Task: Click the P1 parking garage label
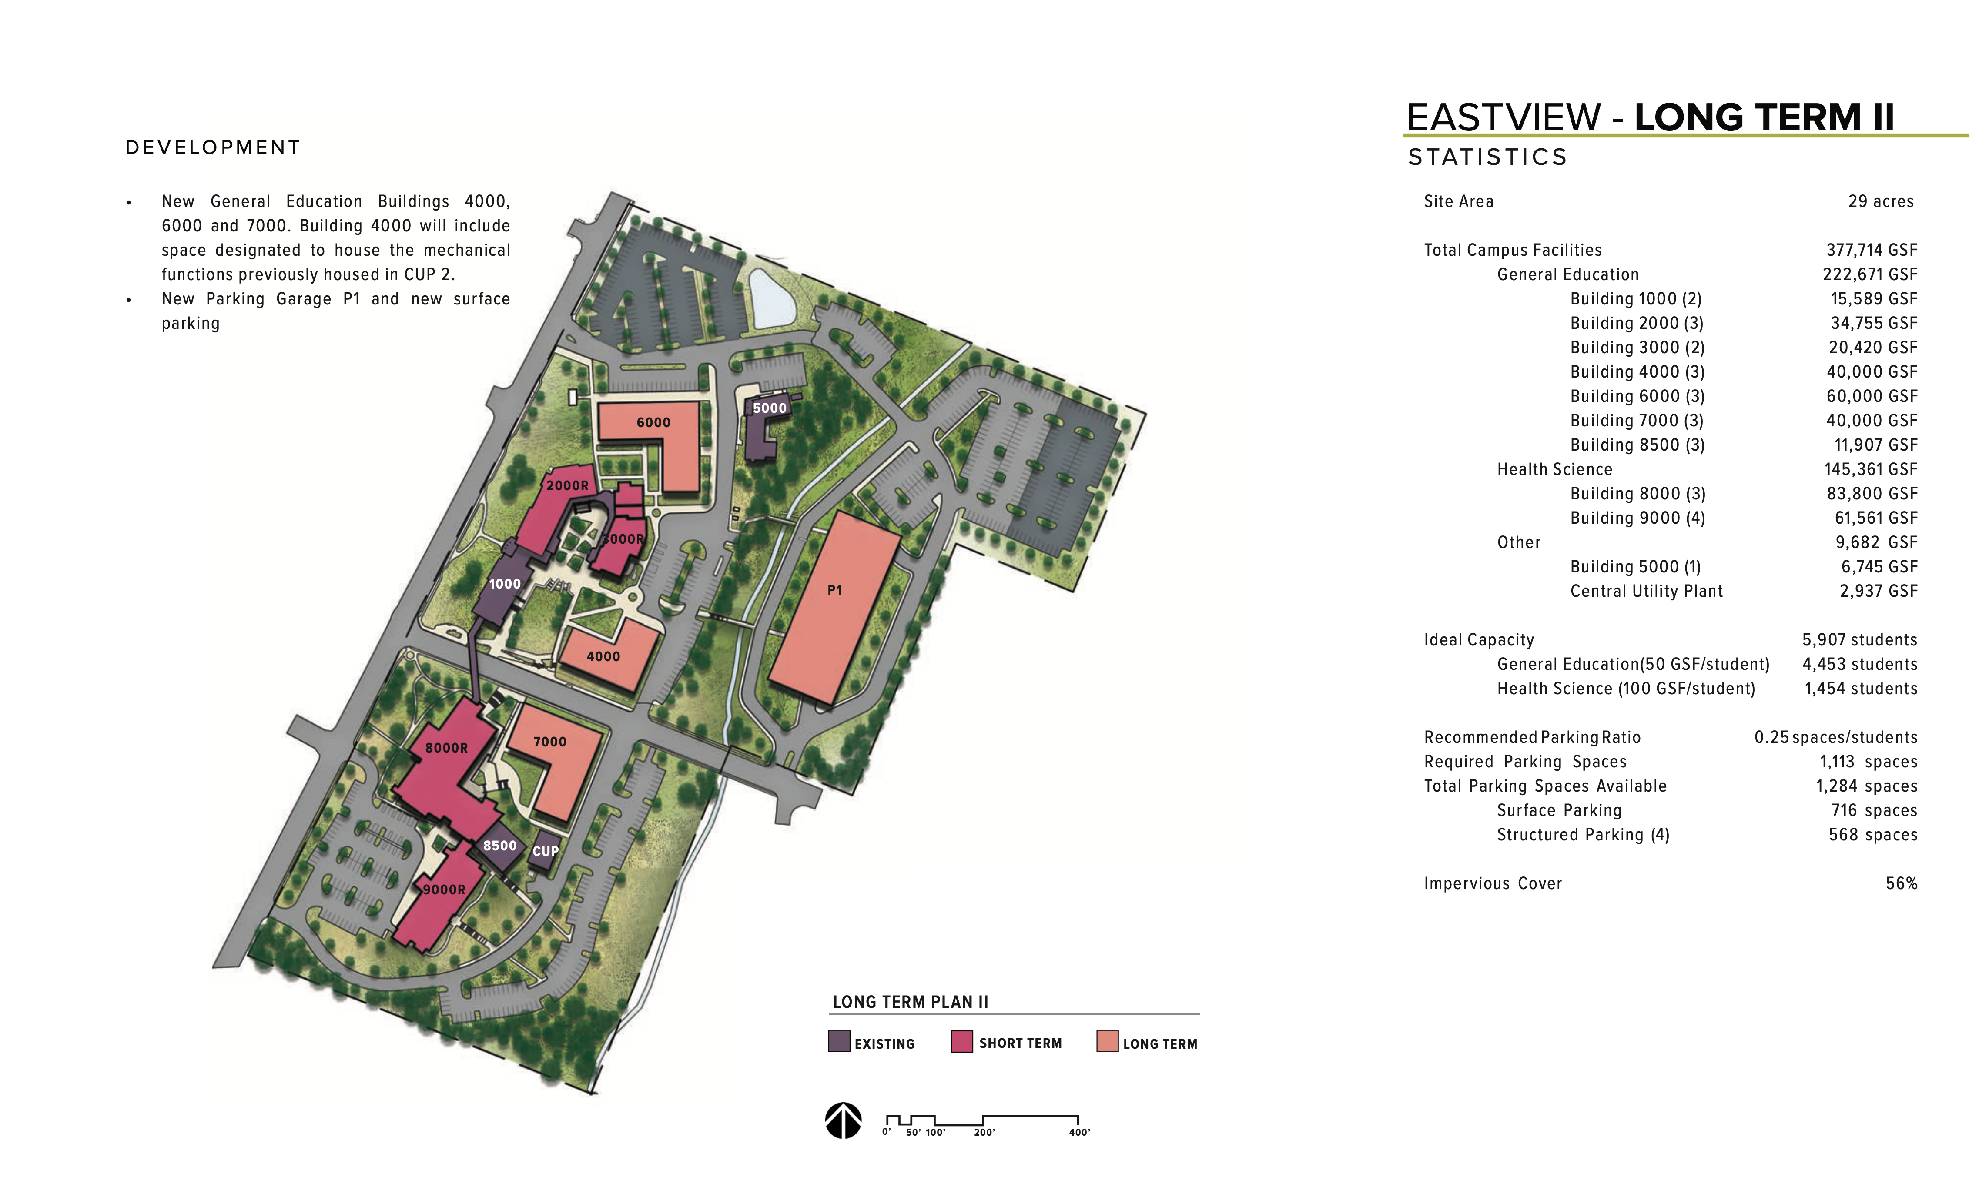[834, 590]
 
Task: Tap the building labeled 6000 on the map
[653, 423]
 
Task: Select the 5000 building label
[770, 408]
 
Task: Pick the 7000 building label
[550, 742]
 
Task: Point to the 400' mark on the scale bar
[1079, 1132]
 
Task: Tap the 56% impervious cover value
[1901, 883]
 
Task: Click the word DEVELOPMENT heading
[213, 148]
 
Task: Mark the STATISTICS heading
[1487, 157]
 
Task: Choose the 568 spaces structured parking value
[1872, 835]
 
